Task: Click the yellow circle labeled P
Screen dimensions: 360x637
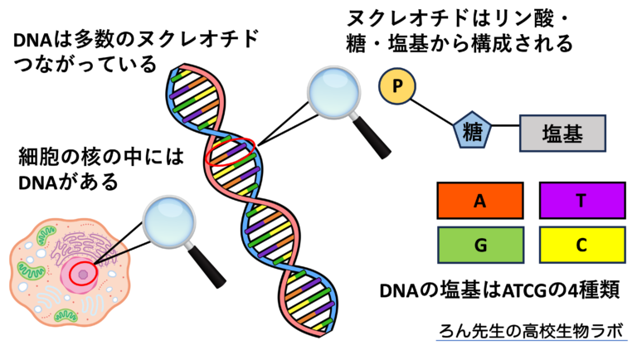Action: coord(396,86)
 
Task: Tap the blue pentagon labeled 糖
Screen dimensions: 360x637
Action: coord(472,132)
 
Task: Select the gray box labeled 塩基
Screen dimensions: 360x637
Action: coord(562,134)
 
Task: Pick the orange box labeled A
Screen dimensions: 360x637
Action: coord(479,201)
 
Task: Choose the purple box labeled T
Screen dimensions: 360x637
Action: coord(581,201)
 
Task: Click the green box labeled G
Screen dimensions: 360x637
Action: coord(480,245)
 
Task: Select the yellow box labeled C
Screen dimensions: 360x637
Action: coord(581,245)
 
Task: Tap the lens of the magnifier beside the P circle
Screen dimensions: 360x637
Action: coord(334,92)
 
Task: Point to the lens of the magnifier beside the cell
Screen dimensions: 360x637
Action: coord(169,221)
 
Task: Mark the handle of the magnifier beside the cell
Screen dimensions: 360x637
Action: coord(208,269)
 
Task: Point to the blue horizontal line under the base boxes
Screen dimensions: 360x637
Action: coord(532,340)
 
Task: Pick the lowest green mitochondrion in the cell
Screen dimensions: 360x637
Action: coord(66,315)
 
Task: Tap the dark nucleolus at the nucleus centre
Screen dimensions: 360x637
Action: coord(82,274)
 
